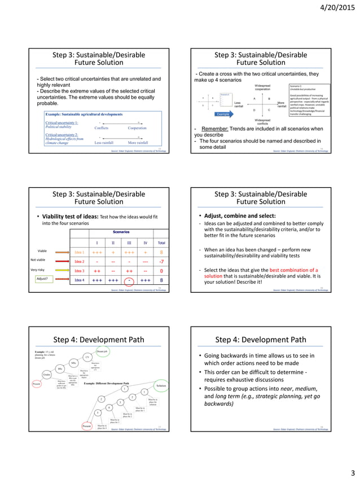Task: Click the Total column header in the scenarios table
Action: click(x=161, y=243)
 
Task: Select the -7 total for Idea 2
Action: click(x=161, y=261)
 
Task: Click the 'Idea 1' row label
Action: click(x=79, y=252)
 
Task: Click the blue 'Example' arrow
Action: click(x=224, y=114)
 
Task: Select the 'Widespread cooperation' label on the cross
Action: click(x=262, y=88)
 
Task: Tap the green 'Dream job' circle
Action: click(x=102, y=351)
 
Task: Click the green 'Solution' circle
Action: click(x=161, y=385)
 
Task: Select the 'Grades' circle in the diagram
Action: click(x=48, y=375)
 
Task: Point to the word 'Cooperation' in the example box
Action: click(x=137, y=128)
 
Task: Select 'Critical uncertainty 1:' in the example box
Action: click(x=62, y=122)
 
